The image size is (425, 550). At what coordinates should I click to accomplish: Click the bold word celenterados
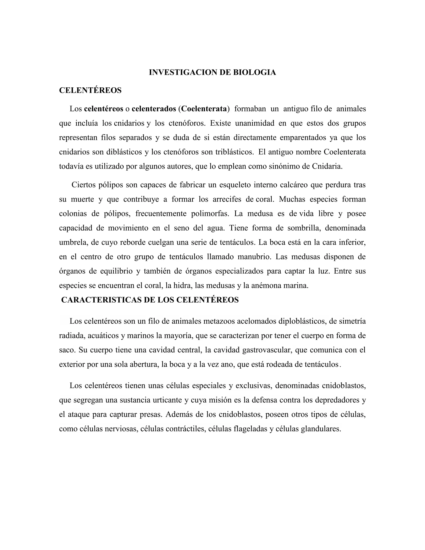click(x=154, y=109)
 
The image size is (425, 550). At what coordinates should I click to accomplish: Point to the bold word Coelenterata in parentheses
click(x=204, y=109)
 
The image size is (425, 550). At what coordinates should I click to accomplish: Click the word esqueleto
click(x=235, y=185)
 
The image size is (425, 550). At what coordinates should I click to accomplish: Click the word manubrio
click(x=254, y=257)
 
